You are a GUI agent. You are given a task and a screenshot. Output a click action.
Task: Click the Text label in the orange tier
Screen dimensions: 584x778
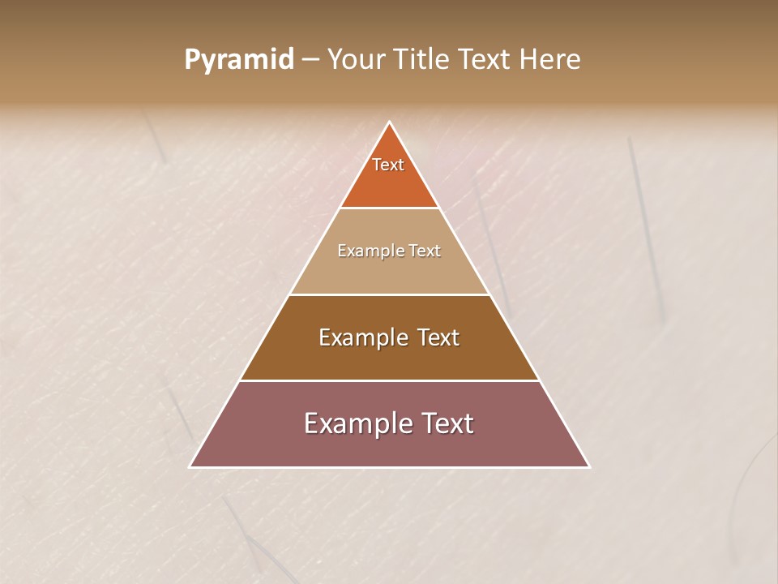click(x=388, y=165)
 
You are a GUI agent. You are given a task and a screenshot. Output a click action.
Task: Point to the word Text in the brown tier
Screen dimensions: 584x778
click(x=438, y=337)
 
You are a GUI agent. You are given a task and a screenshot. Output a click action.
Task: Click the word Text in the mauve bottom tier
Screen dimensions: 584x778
click(x=447, y=423)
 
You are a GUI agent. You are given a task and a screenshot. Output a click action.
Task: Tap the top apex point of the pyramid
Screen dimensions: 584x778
click(x=390, y=122)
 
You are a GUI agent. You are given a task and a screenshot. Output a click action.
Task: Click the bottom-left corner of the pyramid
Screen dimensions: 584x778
click(x=190, y=467)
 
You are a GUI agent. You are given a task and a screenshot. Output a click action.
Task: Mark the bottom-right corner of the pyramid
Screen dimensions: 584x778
click(x=589, y=467)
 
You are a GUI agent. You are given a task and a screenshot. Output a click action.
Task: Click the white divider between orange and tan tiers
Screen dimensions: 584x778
click(x=390, y=208)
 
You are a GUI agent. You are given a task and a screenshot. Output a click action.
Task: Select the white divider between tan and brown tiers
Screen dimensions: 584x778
click(x=390, y=294)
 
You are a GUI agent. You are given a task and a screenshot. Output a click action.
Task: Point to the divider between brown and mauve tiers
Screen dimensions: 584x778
click(x=390, y=380)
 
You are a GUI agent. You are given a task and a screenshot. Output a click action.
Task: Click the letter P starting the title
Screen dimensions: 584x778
click(x=191, y=60)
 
